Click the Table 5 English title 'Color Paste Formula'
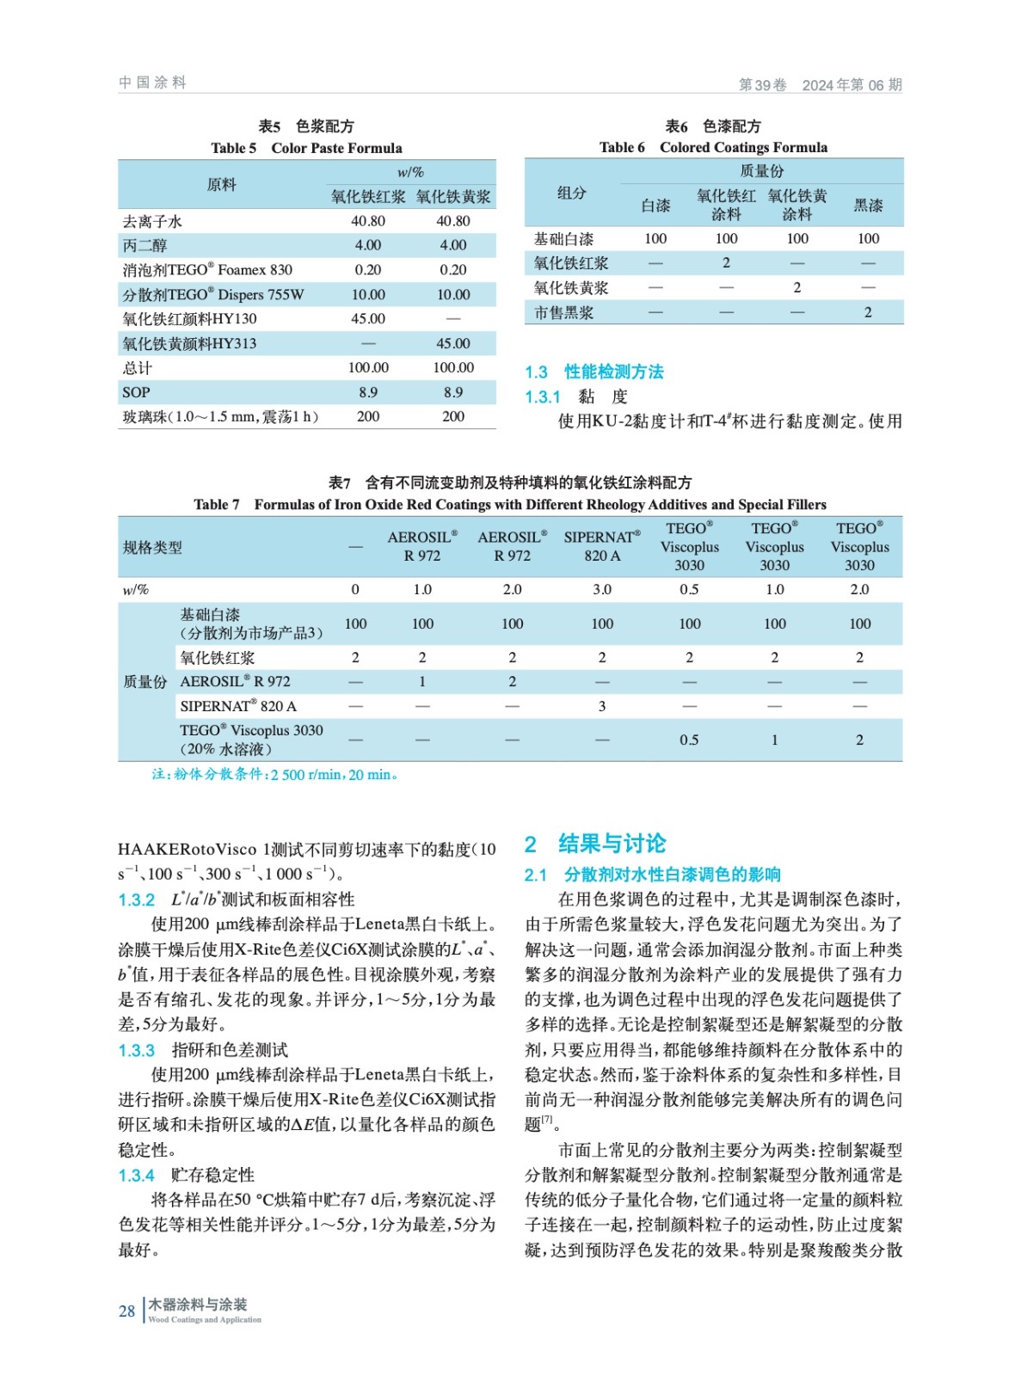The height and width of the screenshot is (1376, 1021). [336, 148]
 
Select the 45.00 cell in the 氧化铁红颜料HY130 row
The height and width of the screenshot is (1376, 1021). [368, 318]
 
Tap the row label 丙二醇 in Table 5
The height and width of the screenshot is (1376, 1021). [145, 245]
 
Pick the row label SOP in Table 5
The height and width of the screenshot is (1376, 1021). [136, 392]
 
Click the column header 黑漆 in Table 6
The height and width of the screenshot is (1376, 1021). [868, 205]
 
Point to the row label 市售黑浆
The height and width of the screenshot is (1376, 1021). [563, 313]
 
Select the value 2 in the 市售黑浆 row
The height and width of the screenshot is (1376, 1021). [868, 312]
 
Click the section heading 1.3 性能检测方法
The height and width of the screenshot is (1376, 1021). [594, 372]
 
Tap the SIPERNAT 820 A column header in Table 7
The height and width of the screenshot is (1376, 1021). [602, 546]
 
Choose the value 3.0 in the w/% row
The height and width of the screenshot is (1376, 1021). [602, 589]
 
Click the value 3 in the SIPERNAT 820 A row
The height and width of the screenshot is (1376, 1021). [602, 706]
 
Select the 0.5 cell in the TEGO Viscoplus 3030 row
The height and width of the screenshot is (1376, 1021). [689, 740]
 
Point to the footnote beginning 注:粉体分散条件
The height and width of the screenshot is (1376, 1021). [274, 774]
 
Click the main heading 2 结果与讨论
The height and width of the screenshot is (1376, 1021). [595, 843]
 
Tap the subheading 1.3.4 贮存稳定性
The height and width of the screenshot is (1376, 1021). [187, 1175]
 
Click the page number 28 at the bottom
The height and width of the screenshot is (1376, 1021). [126, 1311]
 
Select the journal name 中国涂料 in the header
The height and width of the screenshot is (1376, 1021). [152, 83]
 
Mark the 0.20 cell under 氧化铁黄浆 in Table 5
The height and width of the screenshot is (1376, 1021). [453, 269]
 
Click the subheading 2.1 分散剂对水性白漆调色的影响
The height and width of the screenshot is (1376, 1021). [653, 875]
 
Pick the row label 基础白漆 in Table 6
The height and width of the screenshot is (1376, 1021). [563, 238]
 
